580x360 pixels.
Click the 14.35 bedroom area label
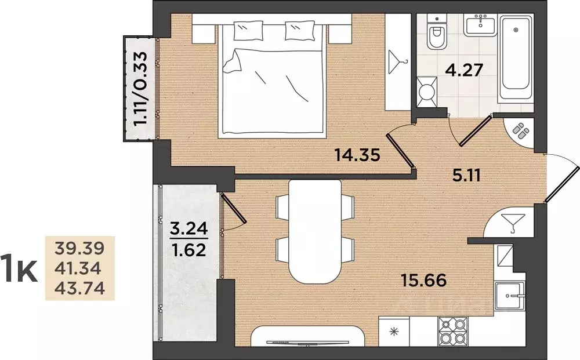(357, 155)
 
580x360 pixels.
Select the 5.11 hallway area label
(467, 176)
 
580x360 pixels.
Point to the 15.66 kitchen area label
(424, 280)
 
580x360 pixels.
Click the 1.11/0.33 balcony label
(140, 89)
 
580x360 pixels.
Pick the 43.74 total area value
(80, 288)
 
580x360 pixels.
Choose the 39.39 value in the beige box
(80, 248)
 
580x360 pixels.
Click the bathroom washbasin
(480, 24)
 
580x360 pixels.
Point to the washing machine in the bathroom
(427, 91)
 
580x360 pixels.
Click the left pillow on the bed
(248, 31)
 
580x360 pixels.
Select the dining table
(315, 232)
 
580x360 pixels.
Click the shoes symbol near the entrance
(520, 130)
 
